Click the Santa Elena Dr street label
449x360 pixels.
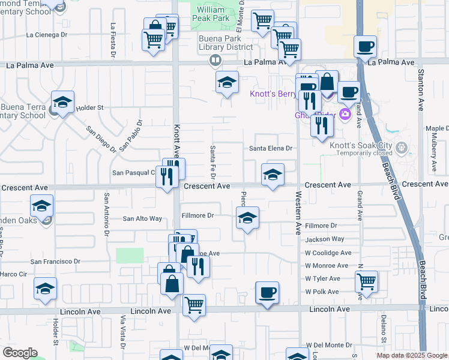tap(270, 148)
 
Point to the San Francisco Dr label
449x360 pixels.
tap(56, 262)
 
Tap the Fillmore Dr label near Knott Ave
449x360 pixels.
tap(197, 215)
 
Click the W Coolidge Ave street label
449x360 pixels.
tap(328, 253)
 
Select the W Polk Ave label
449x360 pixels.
tap(322, 292)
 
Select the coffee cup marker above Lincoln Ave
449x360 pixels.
tap(267, 293)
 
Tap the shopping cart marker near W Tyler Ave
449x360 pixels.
tap(366, 281)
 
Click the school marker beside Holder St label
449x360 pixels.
tap(62, 103)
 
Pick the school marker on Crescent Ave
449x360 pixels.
tap(273, 175)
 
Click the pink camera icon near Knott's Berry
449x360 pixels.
tap(345, 114)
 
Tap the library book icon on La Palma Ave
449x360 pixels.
tap(215, 61)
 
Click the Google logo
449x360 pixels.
tap(20, 353)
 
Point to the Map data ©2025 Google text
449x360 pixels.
tap(412, 355)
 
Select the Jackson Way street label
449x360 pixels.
tap(321, 239)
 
